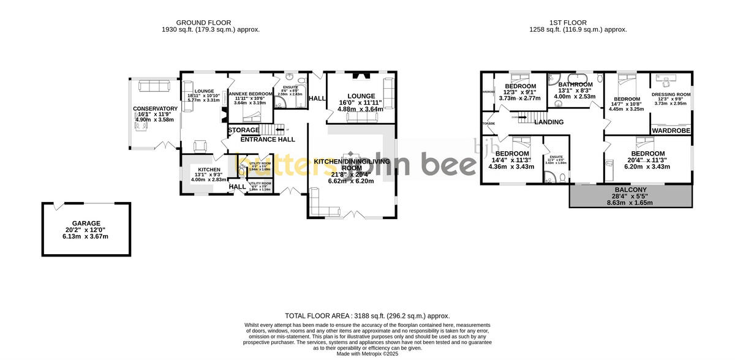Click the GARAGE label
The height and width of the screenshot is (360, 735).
tap(86, 223)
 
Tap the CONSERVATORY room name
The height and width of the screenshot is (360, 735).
tap(155, 109)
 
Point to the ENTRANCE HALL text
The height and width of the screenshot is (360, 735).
tap(267, 140)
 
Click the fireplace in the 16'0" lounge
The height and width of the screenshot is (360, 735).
tap(360, 77)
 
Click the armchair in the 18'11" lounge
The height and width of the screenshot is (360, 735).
tap(200, 146)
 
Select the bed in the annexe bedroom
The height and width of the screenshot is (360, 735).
tap(250, 81)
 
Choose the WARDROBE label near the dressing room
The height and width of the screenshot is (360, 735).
tap(671, 131)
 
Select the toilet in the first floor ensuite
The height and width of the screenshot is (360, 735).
tap(561, 178)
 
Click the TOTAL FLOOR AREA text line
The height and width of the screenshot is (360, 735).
tap(367, 315)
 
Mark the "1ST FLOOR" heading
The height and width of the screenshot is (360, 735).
tap(579, 23)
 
